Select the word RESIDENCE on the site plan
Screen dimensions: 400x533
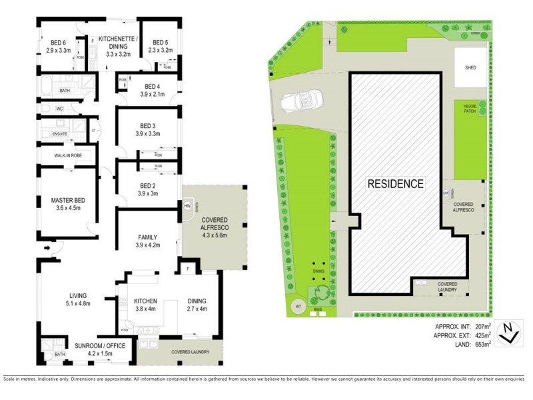point(395,183)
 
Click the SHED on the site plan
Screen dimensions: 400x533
point(470,67)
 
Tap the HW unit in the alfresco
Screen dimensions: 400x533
point(187,206)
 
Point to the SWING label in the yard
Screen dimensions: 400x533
point(318,271)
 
